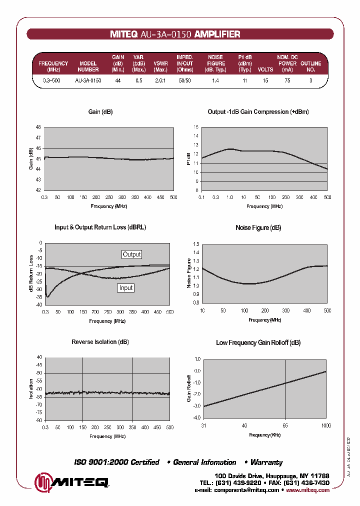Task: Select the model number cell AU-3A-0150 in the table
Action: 88,80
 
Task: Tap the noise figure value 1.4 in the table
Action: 215,80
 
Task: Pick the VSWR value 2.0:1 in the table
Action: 160,80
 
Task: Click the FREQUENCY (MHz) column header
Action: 53,66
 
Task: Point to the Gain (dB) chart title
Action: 100,112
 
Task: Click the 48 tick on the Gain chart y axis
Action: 38,127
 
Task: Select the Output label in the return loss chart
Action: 132,254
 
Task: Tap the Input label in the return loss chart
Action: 126,288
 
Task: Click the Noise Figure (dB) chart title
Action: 258,227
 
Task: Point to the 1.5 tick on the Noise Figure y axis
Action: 196,244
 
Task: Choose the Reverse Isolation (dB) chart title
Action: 100,342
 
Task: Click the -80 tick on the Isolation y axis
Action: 39,420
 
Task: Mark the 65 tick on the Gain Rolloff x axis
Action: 285,425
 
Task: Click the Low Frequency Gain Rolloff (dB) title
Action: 258,342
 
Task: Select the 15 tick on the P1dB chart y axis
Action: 196,127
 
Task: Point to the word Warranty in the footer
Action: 266,462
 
